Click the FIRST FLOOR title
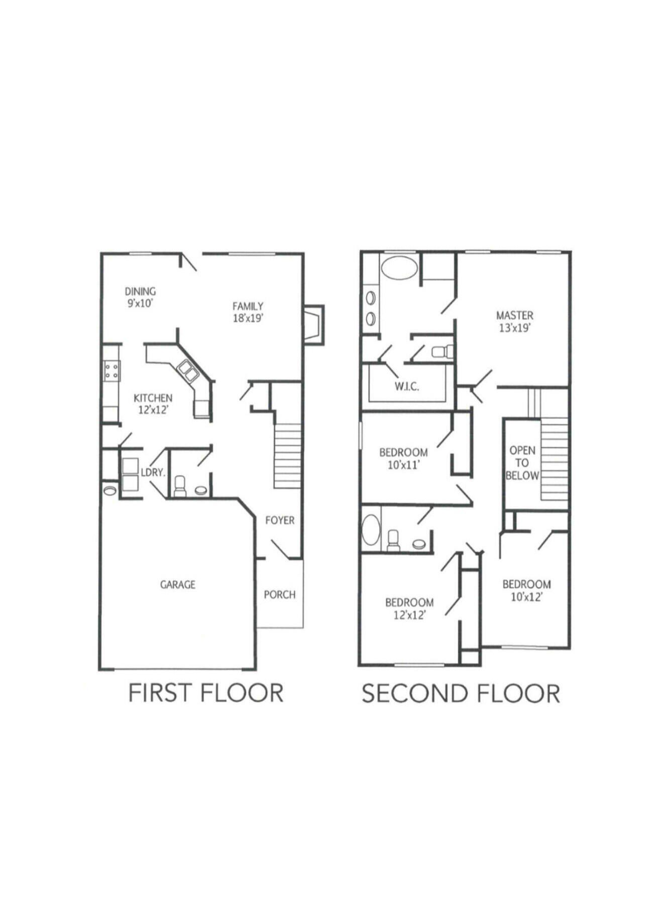click(206, 693)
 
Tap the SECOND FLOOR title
click(461, 694)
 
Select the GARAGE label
click(177, 585)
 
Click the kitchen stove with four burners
click(112, 371)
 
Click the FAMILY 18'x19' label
click(248, 312)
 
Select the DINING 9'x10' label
click(140, 297)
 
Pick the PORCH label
click(279, 595)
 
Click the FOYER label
click(280, 520)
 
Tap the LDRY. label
click(153, 472)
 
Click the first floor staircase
click(287, 456)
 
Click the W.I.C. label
click(406, 386)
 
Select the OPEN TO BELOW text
click(522, 463)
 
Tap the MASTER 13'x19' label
click(514, 321)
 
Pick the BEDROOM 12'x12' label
click(409, 608)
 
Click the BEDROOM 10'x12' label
click(526, 590)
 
